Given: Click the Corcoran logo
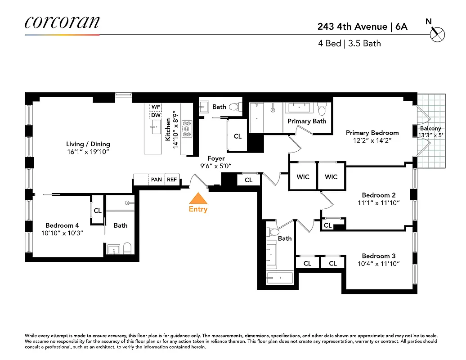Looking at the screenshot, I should tap(62, 22).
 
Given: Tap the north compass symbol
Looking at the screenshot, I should tap(437, 34).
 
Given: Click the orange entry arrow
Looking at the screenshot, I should tap(198, 198).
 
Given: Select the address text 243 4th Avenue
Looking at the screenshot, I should tap(352, 27).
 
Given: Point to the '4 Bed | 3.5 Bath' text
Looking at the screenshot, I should tap(349, 44).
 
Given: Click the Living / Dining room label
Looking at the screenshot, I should tap(88, 144).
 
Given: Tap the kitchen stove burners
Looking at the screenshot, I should tap(187, 129).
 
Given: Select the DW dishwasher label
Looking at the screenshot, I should tap(156, 115).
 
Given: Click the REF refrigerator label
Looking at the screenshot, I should tap(172, 180).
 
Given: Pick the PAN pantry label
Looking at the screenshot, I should tap(156, 180).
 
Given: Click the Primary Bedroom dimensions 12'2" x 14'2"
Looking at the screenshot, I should tap(372, 140).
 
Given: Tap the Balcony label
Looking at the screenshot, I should tap(430, 128).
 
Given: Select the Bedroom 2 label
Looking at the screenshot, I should tap(379, 195).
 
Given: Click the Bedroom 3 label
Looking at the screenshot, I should tap(379, 256).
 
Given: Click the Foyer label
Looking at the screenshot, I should tap(216, 158).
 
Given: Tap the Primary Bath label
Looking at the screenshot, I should tap(307, 121).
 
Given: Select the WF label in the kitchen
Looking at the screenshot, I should tap(156, 107).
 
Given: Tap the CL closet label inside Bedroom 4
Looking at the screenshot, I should tap(98, 210).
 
